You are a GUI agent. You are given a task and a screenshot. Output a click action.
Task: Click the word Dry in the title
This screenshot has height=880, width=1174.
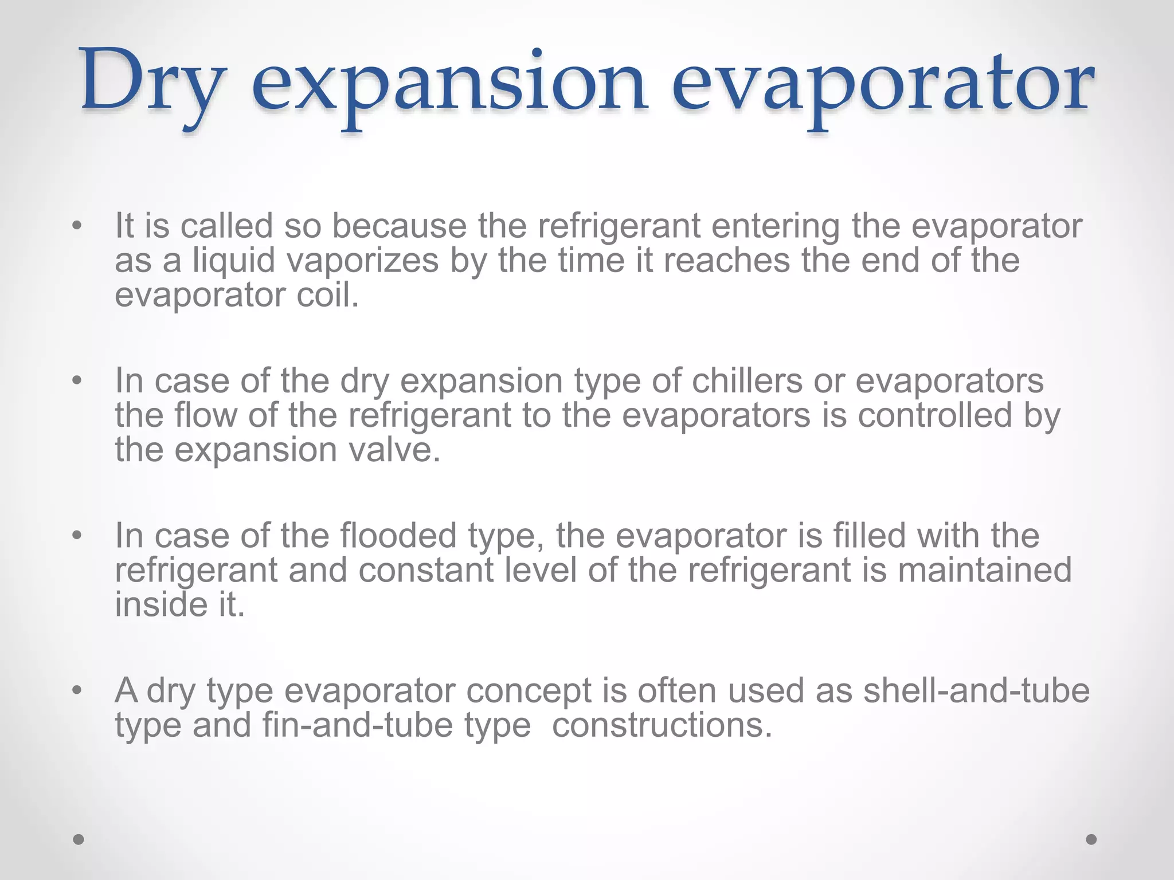150,83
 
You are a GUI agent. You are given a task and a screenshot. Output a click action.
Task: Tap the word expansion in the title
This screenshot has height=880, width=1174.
449,86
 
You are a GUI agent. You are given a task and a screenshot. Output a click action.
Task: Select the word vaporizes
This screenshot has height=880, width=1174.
362,261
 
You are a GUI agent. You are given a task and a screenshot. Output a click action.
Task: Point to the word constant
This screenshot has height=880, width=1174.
426,571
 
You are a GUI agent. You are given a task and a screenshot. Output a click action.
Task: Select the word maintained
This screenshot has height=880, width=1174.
984,571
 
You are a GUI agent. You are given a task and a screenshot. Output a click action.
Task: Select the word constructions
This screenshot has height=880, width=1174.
662,726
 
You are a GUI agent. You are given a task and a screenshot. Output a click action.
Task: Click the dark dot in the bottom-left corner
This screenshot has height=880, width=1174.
79,839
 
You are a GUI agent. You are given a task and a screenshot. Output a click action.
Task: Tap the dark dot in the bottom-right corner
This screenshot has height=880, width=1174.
1091,839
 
